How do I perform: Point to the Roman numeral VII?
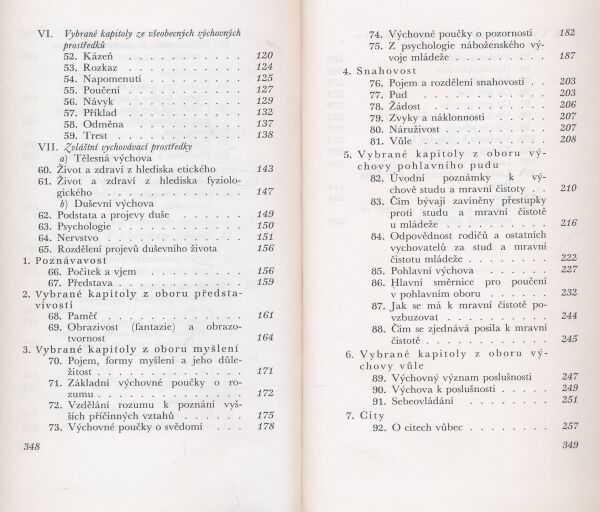pos(35,146)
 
